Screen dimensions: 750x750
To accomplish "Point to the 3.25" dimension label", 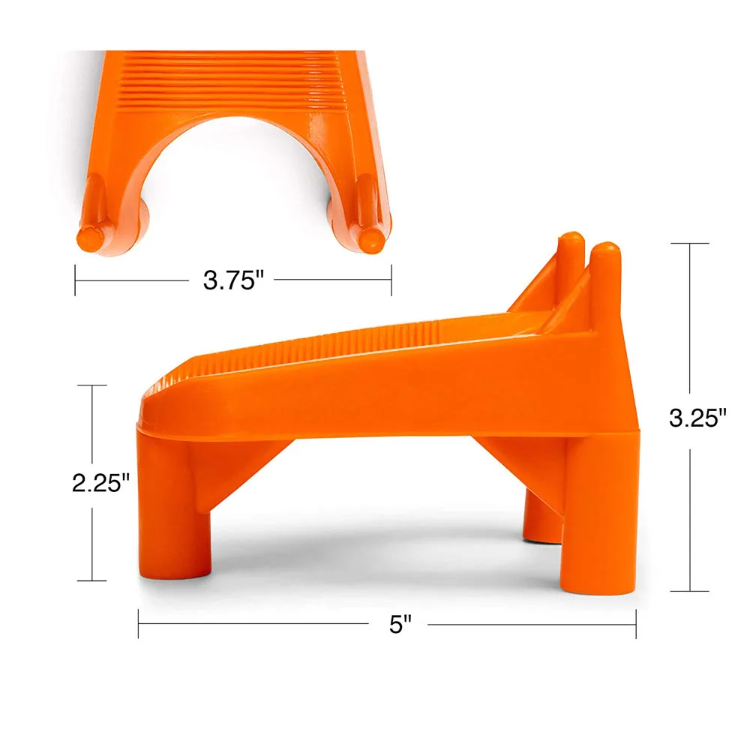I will tap(698, 418).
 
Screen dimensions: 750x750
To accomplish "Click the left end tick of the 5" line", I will tap(139, 624).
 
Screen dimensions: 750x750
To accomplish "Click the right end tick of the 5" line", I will tap(636, 624).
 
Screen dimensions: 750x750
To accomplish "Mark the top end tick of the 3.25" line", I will tap(688, 244).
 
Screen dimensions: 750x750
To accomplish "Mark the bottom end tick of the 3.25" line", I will tap(688, 591).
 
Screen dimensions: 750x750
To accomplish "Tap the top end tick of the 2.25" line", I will tap(92, 385).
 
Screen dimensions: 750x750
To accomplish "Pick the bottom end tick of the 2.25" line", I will tap(92, 580).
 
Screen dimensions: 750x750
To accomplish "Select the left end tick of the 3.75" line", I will tap(75, 280).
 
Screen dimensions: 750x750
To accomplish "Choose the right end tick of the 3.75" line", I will tap(391, 280).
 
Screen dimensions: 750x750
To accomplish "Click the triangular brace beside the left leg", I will tap(236, 472).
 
